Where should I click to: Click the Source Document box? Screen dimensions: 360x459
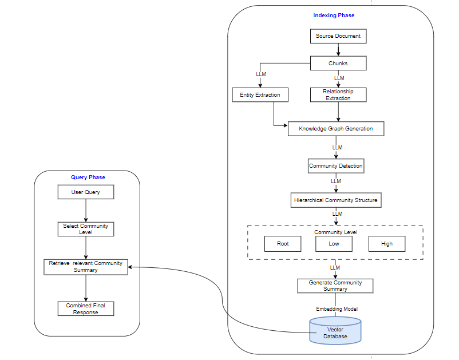[x=338, y=36]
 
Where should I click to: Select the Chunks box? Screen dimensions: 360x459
[x=338, y=63]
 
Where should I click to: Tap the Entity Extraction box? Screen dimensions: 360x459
[x=260, y=95]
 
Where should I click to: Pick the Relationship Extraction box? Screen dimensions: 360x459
[x=338, y=95]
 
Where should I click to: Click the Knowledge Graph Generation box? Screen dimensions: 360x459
[x=335, y=129]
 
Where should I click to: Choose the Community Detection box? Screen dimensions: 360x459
[x=336, y=166]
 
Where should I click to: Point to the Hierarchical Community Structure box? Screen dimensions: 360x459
[x=336, y=200]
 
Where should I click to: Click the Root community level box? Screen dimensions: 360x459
[x=283, y=244]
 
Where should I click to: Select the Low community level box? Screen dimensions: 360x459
[x=334, y=244]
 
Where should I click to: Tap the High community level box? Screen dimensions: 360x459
[x=387, y=244]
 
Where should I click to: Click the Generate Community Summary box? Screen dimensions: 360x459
[x=335, y=286]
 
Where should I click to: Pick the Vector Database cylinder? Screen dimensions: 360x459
[x=335, y=331]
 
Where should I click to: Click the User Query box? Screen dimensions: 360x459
[x=86, y=192]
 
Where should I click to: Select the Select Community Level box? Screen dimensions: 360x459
[x=86, y=229]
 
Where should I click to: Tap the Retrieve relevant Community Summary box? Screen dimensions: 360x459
[x=86, y=267]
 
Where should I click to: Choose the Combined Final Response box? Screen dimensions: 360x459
[x=86, y=309]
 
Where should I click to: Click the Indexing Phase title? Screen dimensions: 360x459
[x=333, y=15]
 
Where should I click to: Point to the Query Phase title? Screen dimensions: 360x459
[x=88, y=177]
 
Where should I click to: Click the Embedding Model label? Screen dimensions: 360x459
[x=337, y=309]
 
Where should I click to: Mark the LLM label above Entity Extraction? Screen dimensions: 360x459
[x=261, y=74]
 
